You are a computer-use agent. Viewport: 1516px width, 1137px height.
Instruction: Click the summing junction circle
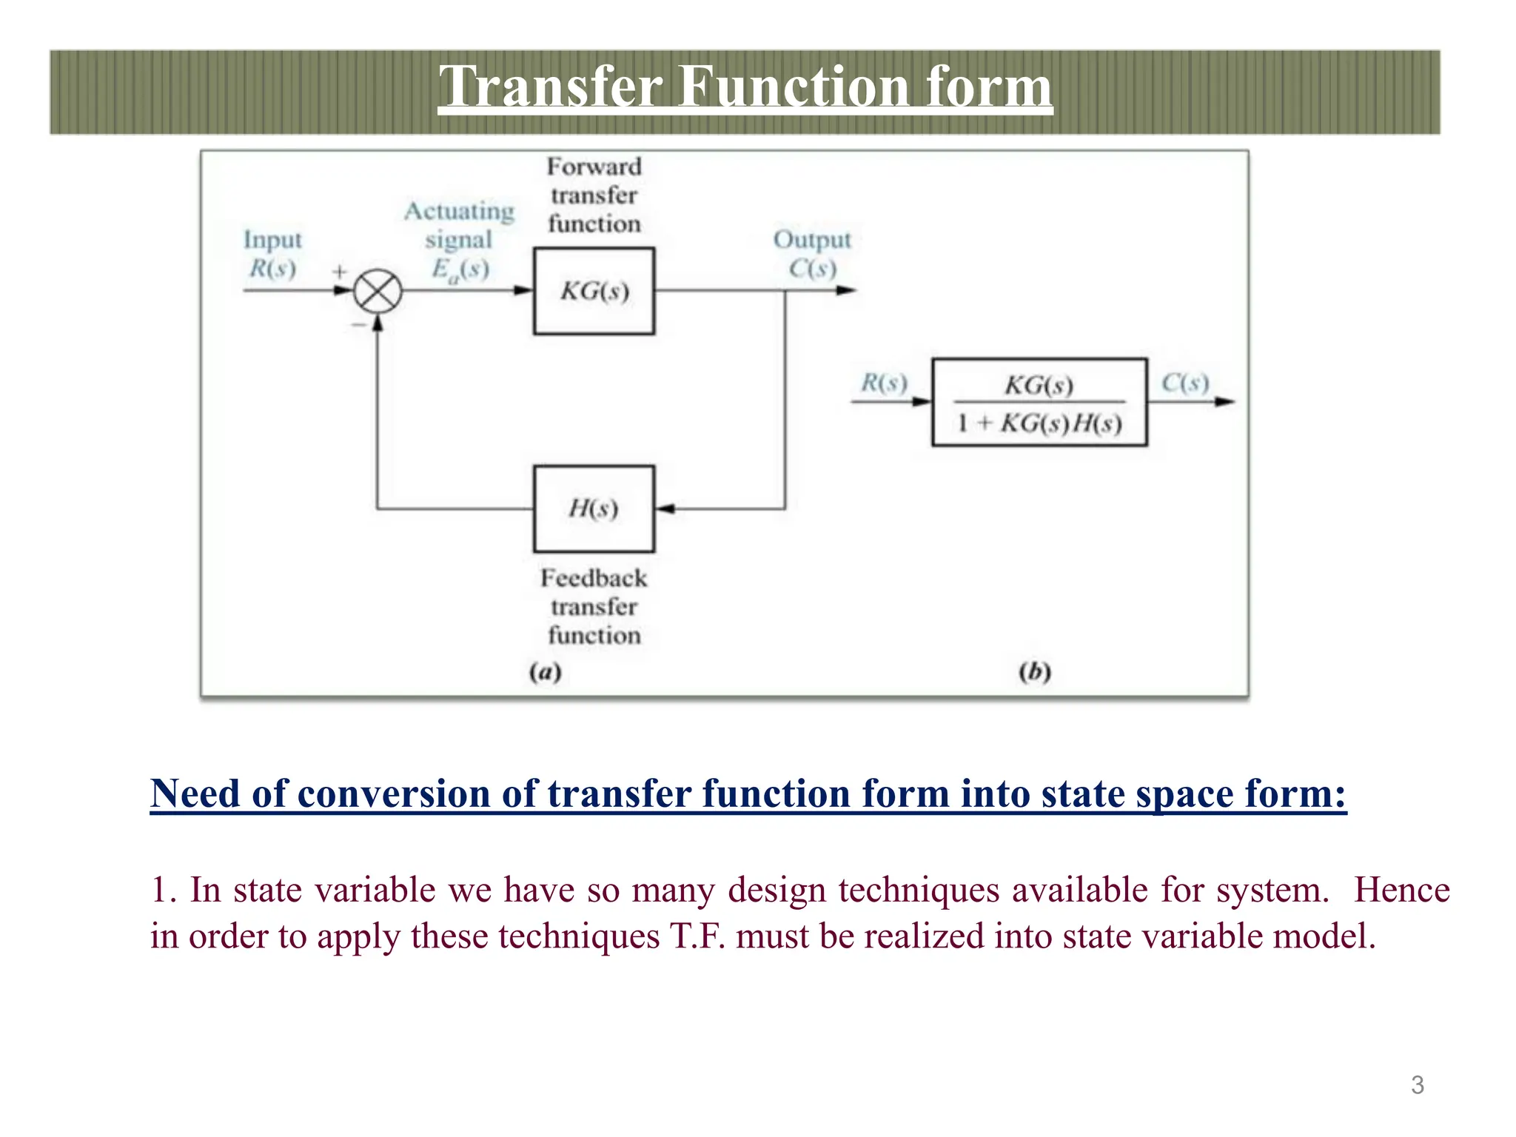378,292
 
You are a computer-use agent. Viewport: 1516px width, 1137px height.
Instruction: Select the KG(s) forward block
594,292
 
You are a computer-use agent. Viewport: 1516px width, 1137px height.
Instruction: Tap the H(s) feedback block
594,509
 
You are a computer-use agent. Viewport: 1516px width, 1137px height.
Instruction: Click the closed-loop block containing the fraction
1039,403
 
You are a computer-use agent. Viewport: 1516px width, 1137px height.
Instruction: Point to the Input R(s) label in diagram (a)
272,254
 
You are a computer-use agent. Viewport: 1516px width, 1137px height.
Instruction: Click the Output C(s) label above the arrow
812,254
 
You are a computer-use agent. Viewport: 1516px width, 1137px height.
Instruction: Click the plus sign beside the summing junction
339,272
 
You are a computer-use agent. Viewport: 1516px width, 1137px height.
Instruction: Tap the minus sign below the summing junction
358,325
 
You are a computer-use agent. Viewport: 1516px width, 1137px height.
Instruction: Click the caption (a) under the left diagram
546,672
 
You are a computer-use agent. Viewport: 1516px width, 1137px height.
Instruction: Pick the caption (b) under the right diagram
1034,672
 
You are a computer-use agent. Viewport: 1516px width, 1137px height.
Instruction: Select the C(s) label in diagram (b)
1185,383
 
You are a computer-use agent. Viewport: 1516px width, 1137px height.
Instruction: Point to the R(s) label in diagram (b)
884,383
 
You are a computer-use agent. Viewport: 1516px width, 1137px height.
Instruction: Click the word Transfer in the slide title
551,87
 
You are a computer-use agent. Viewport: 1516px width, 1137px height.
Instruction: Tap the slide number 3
1417,1085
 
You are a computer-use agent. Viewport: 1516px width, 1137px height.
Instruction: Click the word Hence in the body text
1401,890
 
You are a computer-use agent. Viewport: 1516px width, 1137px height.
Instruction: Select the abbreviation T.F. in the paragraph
697,936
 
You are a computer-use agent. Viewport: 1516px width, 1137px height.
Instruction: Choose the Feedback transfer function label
594,606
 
